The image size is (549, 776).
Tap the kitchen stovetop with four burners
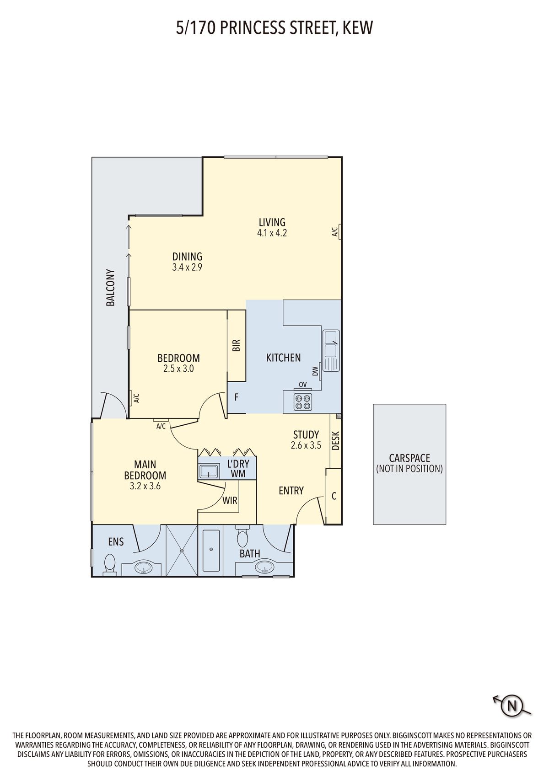(302, 401)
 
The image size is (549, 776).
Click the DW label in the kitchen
(315, 372)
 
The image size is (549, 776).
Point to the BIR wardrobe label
(236, 345)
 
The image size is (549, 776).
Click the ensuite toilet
(109, 563)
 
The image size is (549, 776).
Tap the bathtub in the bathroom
(211, 551)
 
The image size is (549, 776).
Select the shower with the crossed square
(181, 551)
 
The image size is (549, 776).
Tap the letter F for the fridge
(236, 397)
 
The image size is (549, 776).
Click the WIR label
(230, 501)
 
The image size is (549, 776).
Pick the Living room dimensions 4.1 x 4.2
(272, 233)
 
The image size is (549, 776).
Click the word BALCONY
(110, 287)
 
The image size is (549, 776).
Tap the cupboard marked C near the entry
(334, 496)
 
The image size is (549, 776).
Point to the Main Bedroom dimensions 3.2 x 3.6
(145, 486)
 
